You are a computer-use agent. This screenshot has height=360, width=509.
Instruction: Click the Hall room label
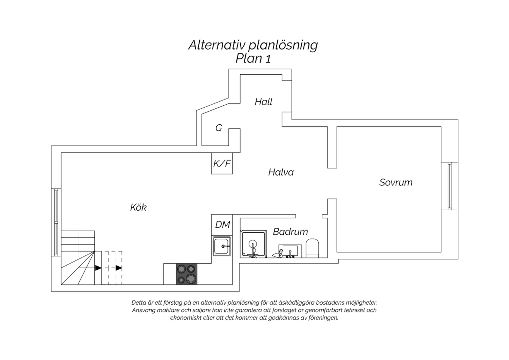tap(263, 102)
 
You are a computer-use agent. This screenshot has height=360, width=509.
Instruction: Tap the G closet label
tap(219, 128)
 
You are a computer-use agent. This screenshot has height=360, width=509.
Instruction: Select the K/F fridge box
tap(222, 163)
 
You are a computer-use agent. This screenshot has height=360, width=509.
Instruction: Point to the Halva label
tap(281, 172)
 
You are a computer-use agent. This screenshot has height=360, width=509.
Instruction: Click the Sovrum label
tap(396, 182)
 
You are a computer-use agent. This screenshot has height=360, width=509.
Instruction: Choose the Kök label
tap(138, 207)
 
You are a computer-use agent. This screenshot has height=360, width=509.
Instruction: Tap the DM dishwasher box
tap(222, 225)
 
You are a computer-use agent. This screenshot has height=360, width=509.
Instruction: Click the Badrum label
tap(290, 232)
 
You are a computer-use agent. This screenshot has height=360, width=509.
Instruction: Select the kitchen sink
tap(222, 246)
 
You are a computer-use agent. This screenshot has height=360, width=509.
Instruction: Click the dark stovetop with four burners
tap(187, 274)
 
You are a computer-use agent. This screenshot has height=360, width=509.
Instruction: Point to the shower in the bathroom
tap(253, 244)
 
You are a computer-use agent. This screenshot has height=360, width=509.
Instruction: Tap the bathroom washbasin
tap(290, 251)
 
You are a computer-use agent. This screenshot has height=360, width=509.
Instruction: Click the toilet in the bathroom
tap(312, 248)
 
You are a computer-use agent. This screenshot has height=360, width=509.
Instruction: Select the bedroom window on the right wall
tap(450, 186)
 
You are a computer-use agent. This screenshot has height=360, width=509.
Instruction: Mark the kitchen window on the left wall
tap(56, 222)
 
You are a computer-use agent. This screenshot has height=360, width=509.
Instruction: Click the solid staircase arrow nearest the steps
tap(98, 268)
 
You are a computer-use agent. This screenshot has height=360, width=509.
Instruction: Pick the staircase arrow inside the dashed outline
tap(119, 268)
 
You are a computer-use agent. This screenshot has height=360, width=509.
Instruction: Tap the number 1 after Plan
tap(268, 59)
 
